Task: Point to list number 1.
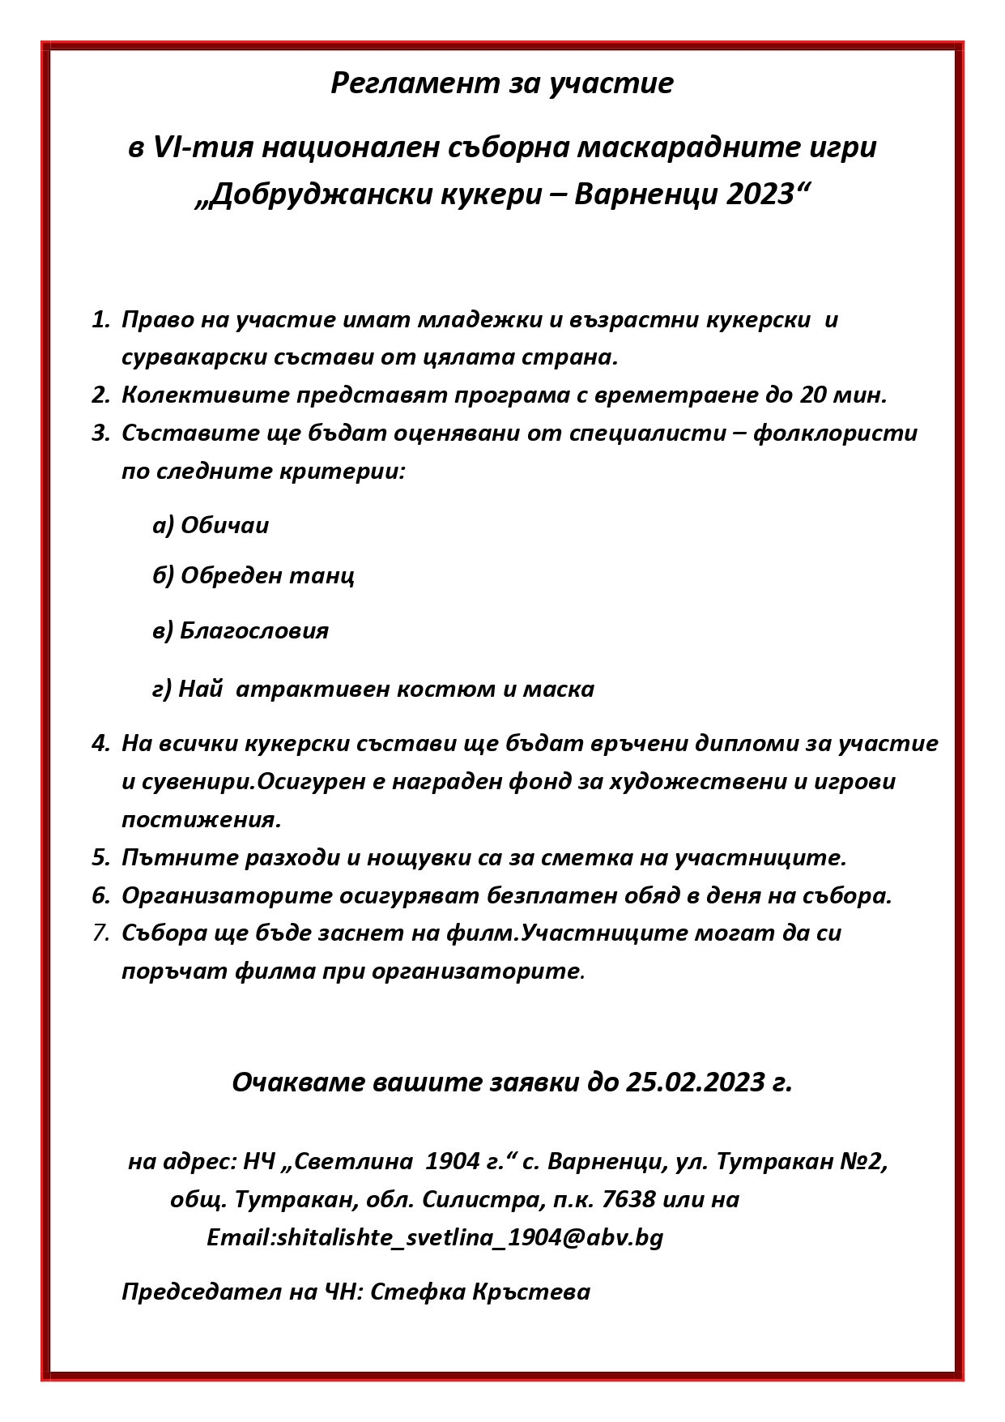[100, 320]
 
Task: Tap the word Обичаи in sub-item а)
[224, 526]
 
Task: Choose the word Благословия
[253, 631]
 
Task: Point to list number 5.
[100, 858]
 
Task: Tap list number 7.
[100, 933]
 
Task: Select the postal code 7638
[629, 1199]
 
